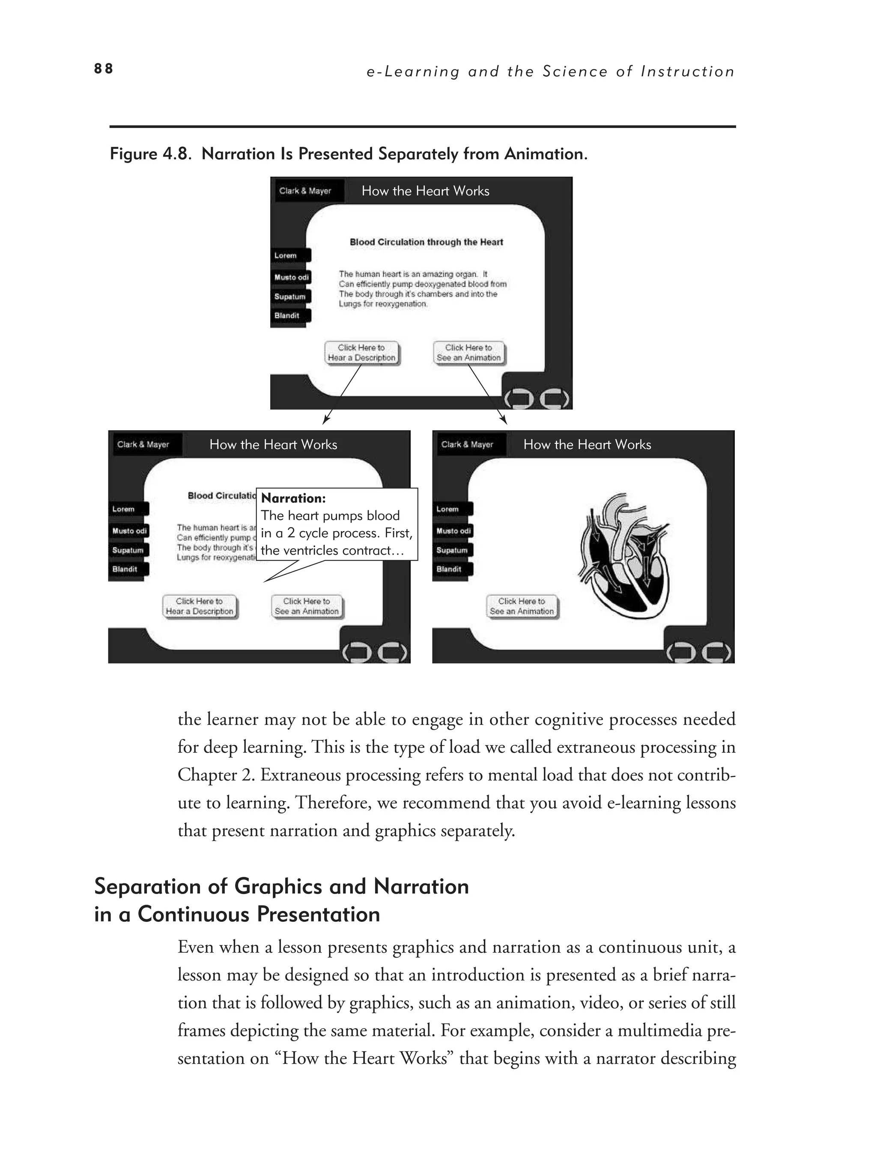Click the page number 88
coord(103,68)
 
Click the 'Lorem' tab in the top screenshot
coord(290,255)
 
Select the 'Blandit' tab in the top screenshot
coord(290,316)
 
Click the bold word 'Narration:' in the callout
coord(293,499)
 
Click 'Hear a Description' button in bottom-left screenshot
coord(199,606)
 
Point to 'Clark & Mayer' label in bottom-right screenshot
coord(467,445)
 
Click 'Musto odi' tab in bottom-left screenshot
coord(129,531)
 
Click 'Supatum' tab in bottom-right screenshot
coord(452,550)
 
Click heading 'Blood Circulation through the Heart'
coord(426,242)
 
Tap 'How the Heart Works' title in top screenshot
coord(425,191)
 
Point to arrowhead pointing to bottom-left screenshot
coord(326,420)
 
